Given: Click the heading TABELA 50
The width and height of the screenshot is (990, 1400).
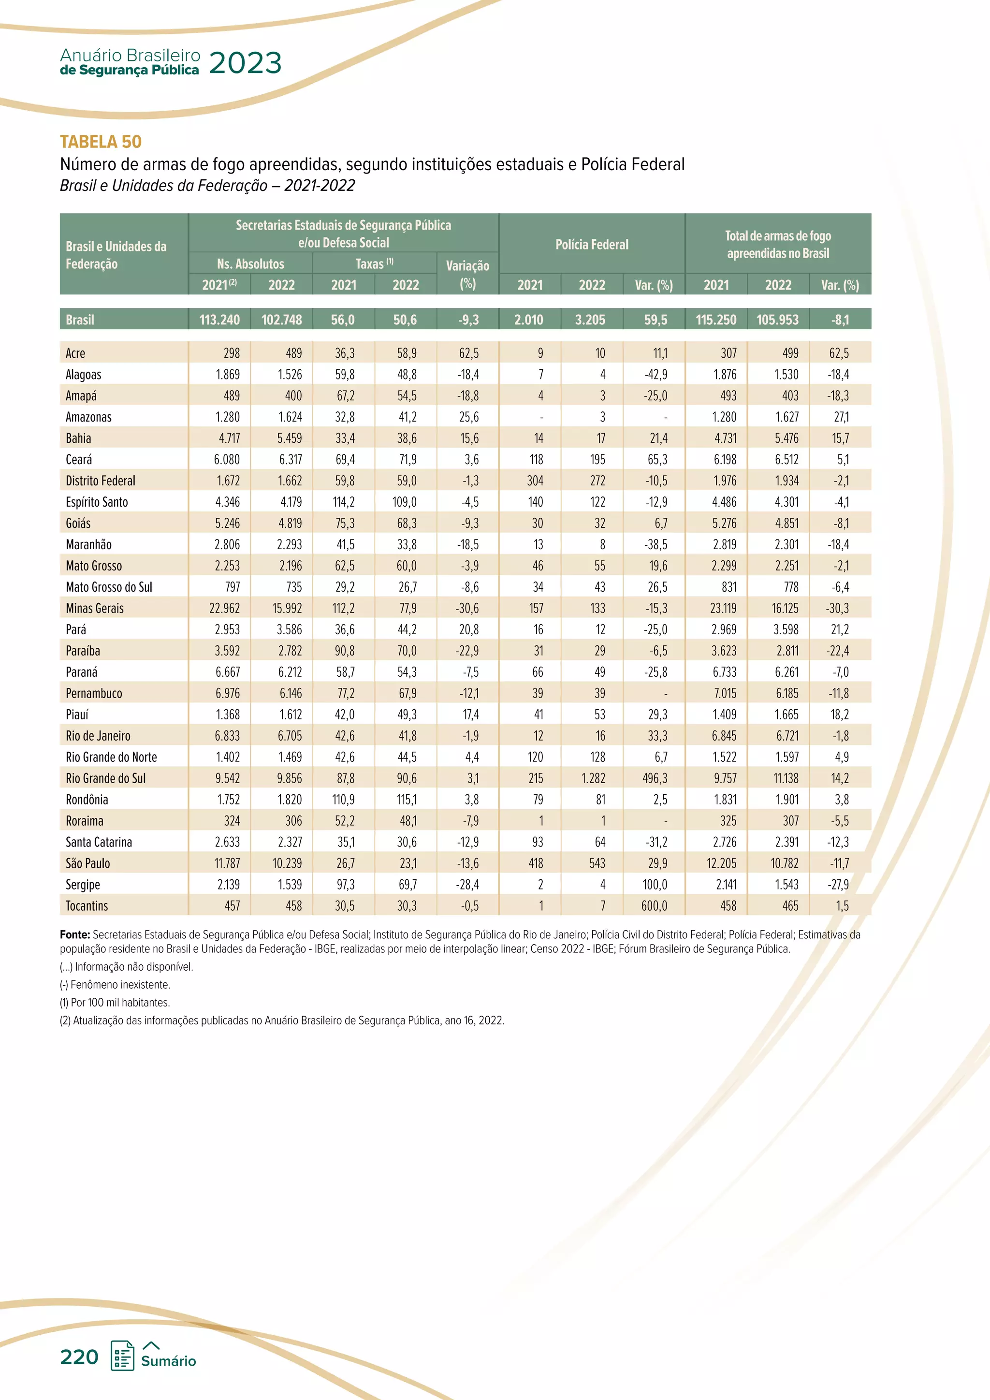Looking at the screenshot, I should click(101, 142).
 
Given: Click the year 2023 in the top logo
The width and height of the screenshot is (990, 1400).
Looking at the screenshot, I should click(245, 63).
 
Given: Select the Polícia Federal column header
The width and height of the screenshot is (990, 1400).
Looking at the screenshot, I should click(591, 245).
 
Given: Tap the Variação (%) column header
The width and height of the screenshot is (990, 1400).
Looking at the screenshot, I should click(467, 275).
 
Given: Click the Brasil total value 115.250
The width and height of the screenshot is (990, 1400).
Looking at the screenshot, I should click(716, 320).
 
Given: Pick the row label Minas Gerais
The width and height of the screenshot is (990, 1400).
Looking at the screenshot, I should click(94, 609).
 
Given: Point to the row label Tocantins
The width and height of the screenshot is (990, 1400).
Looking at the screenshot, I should click(87, 906).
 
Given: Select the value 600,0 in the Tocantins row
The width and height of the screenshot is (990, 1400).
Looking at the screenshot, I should click(654, 906).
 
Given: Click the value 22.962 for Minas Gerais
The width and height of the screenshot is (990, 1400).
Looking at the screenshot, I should click(224, 609).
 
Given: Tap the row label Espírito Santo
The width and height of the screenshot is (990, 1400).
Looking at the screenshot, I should click(97, 502).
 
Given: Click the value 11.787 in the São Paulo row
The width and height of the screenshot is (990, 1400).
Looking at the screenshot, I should click(227, 863).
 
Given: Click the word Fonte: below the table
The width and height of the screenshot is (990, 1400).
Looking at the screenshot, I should click(75, 935).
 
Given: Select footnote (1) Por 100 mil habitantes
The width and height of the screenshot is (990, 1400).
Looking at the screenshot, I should click(115, 1003).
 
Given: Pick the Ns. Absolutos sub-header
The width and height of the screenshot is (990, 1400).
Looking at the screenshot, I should click(250, 264).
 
